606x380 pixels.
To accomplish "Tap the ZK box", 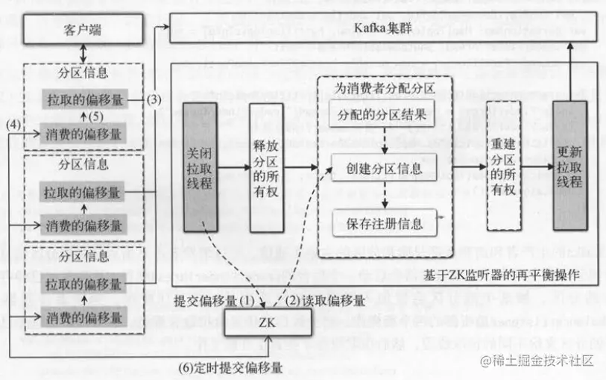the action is (266, 324).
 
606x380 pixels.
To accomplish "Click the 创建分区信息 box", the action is (383, 167).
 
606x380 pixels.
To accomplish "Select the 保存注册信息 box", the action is (383, 222).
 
